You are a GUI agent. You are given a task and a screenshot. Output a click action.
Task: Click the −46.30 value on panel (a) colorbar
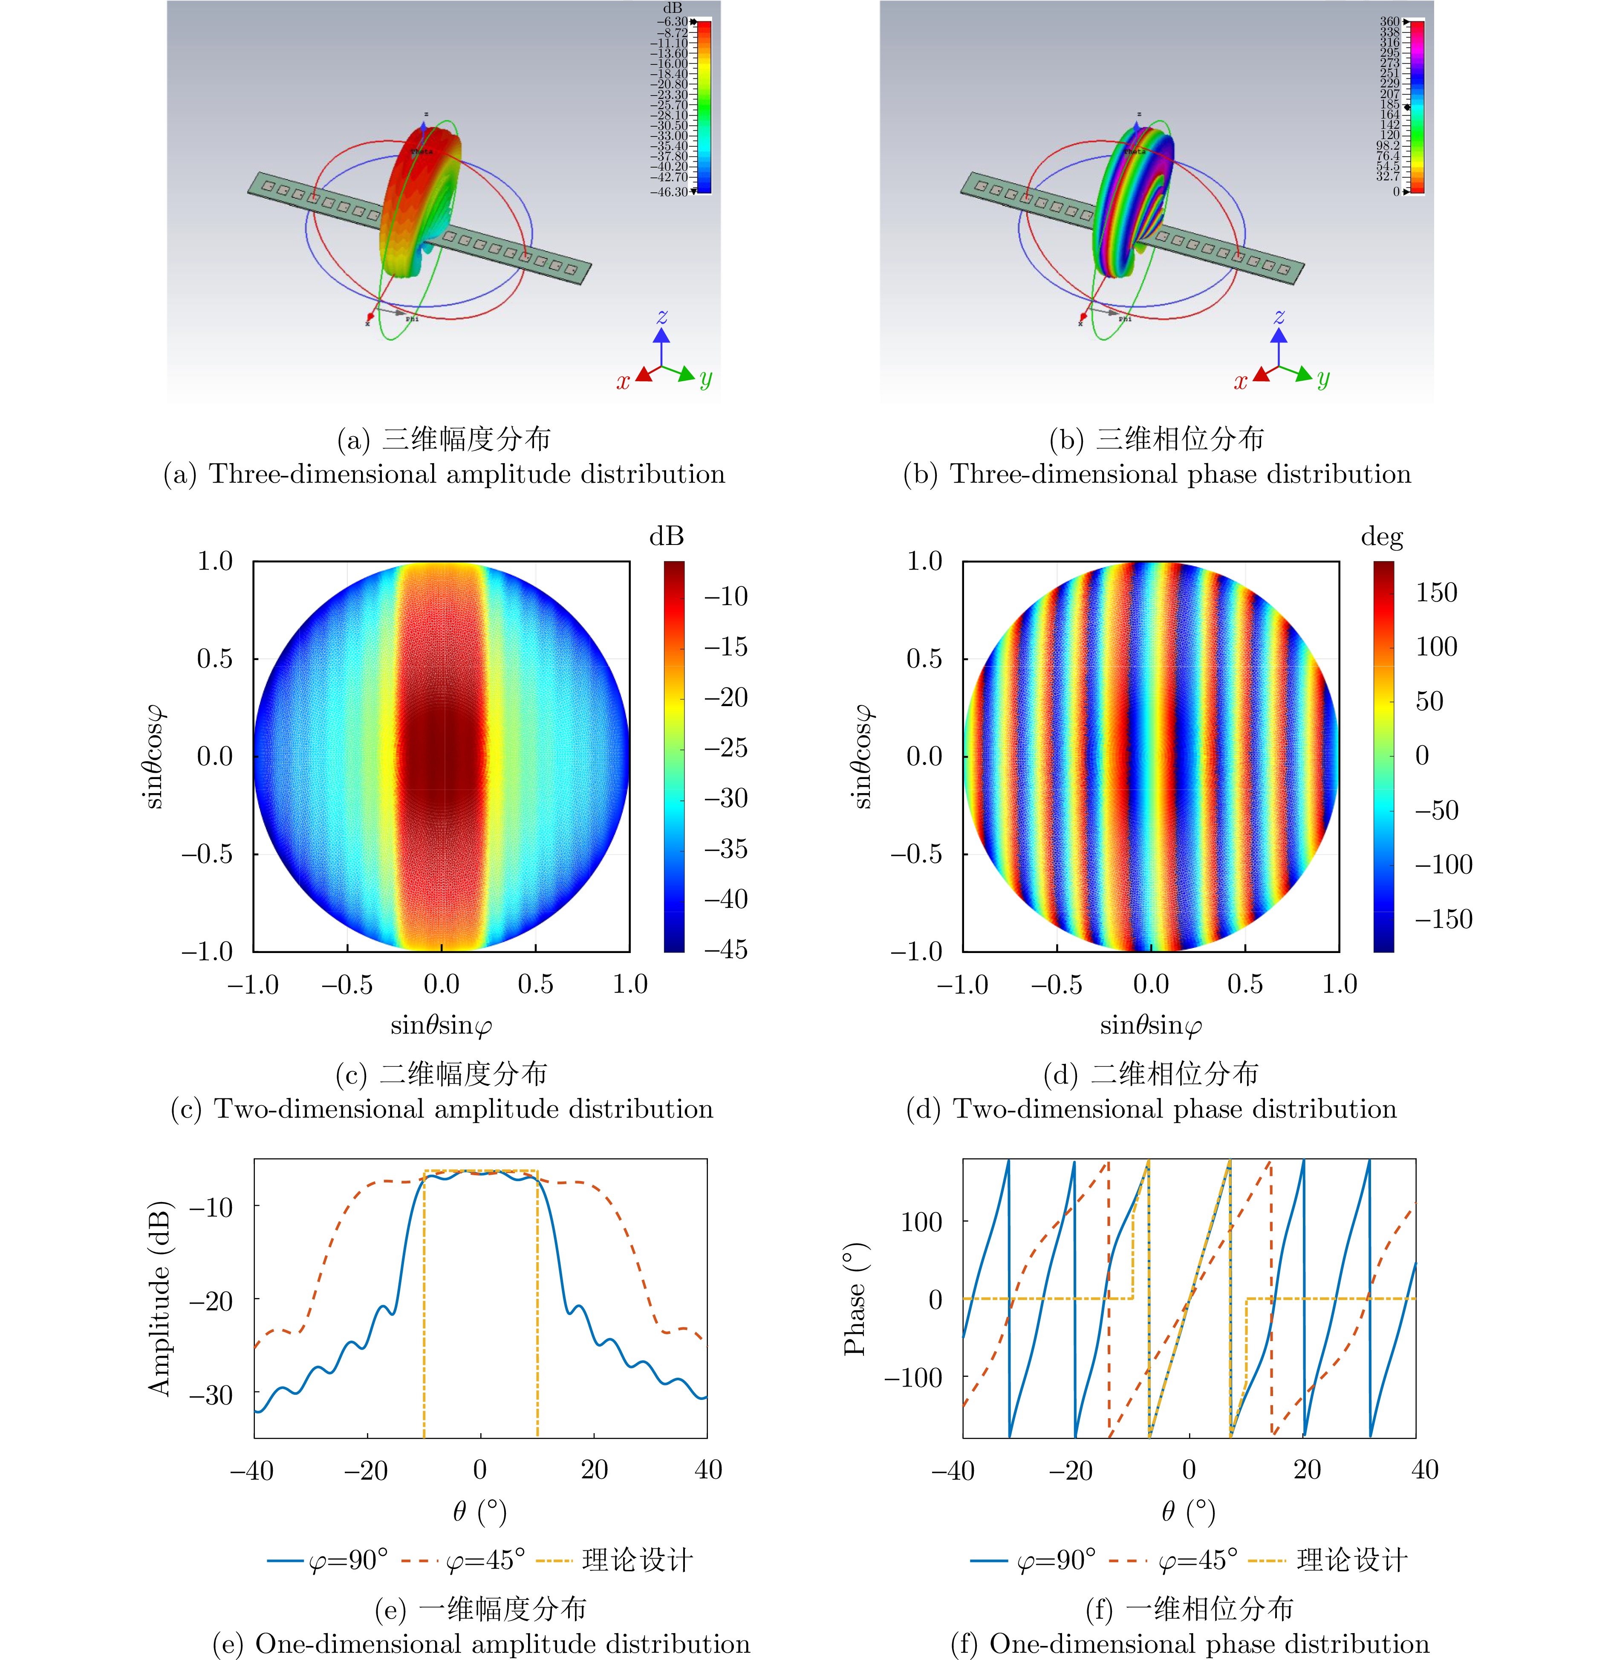pyautogui.click(x=669, y=192)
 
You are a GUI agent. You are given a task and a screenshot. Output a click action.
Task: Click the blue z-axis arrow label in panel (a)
pyautogui.click(x=662, y=317)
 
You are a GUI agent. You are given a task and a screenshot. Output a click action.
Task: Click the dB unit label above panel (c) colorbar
pyautogui.click(x=666, y=536)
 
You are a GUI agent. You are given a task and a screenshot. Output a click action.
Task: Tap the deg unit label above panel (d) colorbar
pyautogui.click(x=1382, y=536)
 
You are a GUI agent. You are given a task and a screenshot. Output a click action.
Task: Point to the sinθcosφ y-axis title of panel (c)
pyautogui.click(x=153, y=756)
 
